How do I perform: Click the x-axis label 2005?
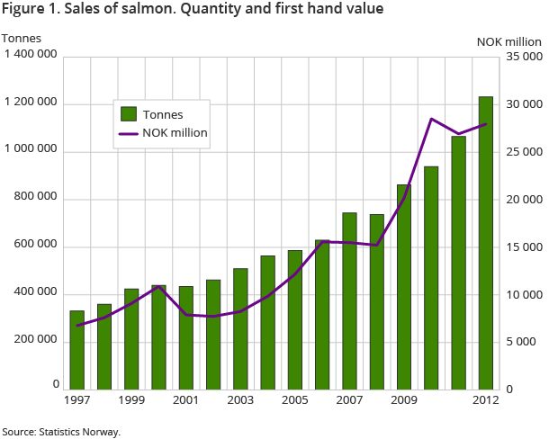(294, 399)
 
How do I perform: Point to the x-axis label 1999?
(130, 399)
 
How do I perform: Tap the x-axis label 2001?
(185, 399)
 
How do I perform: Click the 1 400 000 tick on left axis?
(31, 56)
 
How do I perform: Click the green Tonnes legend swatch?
(129, 113)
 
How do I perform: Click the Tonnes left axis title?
(20, 38)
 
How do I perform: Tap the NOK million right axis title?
(509, 40)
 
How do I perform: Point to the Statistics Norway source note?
(60, 432)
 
